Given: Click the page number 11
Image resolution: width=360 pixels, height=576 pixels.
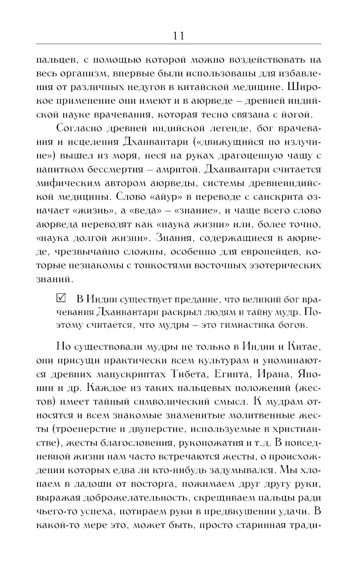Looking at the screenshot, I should (x=179, y=36).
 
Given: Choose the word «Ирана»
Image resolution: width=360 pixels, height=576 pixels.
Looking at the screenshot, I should (x=273, y=374).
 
